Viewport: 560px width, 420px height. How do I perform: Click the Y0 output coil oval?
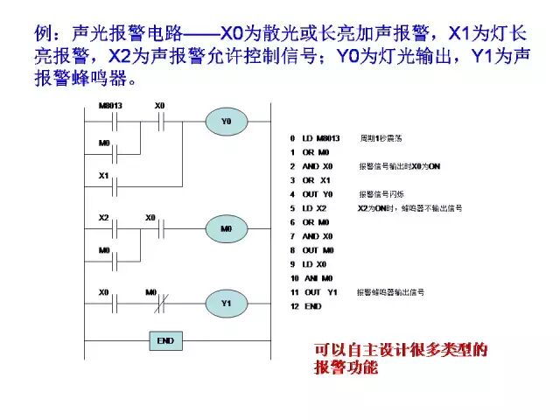tap(226, 122)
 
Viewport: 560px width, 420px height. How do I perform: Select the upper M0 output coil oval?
tap(226, 229)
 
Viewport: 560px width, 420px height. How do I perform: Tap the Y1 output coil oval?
tap(226, 304)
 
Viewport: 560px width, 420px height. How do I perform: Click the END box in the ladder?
tap(164, 340)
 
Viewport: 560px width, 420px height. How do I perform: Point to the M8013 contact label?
tap(108, 106)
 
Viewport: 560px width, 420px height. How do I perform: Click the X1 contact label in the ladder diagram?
tap(104, 176)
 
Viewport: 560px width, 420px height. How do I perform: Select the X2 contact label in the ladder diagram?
tap(104, 216)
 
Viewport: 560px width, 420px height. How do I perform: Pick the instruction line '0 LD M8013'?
tap(315, 139)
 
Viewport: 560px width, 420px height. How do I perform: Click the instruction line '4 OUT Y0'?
tap(311, 194)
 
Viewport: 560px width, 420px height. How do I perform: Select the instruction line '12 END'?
tap(305, 306)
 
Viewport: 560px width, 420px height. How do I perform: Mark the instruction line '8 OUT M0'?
tap(311, 250)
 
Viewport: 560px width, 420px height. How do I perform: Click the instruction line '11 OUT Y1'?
tap(313, 291)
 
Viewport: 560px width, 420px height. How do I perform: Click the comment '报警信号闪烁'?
tap(377, 194)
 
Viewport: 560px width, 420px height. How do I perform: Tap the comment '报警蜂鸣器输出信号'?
tap(391, 291)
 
